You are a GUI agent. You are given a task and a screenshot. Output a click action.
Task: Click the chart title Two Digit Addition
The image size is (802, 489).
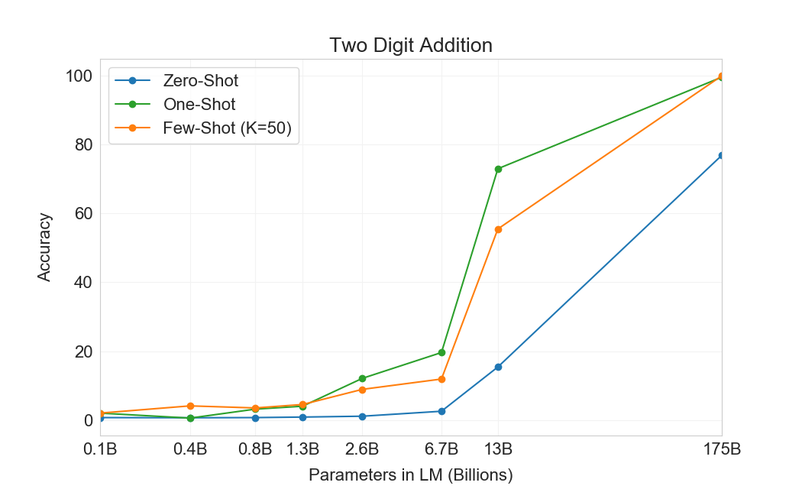point(411,45)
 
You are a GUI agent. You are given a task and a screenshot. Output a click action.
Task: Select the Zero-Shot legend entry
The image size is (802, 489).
point(200,80)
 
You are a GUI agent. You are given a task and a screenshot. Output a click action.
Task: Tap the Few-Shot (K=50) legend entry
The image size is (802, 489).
point(227,128)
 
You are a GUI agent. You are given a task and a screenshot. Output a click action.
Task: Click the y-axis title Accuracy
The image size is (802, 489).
point(45,248)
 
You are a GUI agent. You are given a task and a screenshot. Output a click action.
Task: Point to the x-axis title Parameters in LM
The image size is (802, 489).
point(411,474)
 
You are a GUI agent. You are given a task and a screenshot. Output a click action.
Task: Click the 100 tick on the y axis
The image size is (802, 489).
point(79,76)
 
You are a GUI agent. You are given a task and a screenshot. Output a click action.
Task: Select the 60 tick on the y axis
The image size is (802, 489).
point(83,214)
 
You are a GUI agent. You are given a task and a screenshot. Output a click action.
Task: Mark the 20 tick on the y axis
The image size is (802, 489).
point(83,352)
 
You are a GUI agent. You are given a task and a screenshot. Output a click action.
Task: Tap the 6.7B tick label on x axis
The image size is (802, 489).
point(441,449)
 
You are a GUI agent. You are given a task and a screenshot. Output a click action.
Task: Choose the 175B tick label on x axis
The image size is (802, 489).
point(722,449)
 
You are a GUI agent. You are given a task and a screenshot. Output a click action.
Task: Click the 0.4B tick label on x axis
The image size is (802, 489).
point(190,449)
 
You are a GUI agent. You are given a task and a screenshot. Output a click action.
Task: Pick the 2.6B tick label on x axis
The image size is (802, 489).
point(362,449)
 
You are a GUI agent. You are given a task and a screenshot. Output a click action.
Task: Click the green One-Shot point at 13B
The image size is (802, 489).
point(498,169)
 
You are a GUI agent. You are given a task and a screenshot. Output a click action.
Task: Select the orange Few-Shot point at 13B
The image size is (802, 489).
point(498,229)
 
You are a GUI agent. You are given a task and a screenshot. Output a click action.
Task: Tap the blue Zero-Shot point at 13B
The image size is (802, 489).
point(498,367)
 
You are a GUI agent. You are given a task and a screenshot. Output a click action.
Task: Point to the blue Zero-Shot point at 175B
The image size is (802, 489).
point(721,156)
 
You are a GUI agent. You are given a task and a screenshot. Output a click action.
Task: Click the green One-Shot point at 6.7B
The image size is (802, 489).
point(441,352)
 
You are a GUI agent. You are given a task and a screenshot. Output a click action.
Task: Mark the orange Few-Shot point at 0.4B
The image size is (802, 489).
point(190,406)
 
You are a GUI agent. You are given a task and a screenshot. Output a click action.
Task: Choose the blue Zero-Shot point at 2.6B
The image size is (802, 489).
point(362,416)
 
